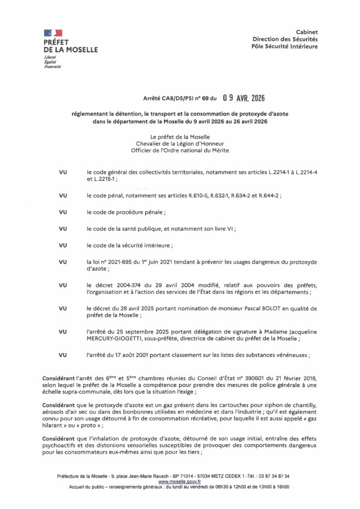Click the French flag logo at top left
pyautogui.click(x=53, y=33)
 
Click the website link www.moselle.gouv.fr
pyautogui.click(x=180, y=482)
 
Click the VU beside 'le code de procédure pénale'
pyautogui.click(x=63, y=212)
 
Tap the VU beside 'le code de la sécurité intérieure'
pyautogui.click(x=63, y=245)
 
